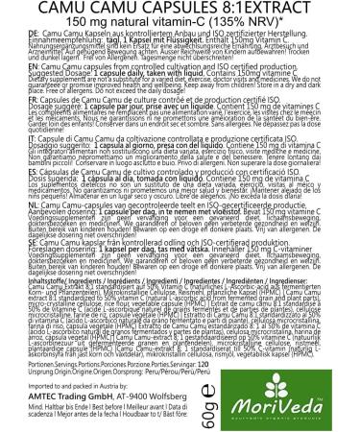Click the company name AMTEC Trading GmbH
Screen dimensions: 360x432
point(78,391)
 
